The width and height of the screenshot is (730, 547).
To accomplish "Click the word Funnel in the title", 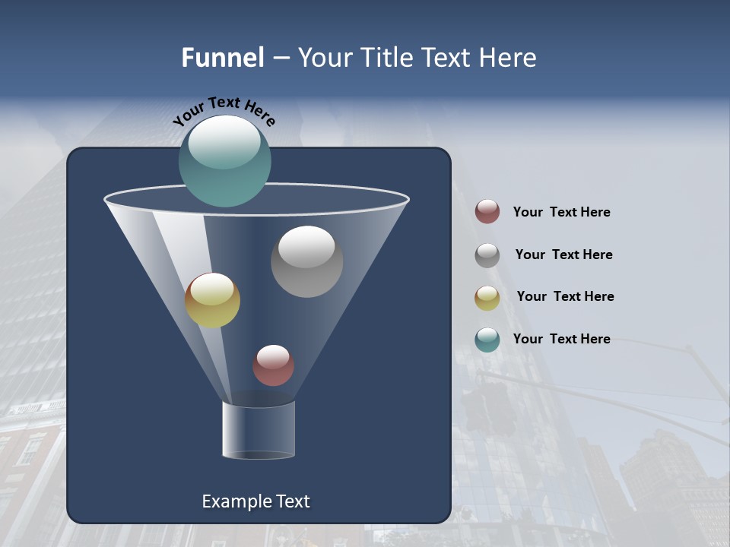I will point(223,58).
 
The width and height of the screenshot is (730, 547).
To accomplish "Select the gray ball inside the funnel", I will point(306,262).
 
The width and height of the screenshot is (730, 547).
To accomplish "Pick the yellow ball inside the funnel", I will point(212,301).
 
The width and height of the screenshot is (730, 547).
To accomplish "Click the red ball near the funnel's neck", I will point(273,365).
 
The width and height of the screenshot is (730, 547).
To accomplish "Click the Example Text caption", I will point(256,501).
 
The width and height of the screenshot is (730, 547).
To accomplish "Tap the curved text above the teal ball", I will point(224,111).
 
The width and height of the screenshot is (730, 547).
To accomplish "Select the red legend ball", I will point(487,212).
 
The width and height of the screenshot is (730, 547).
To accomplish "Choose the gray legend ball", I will point(487,255).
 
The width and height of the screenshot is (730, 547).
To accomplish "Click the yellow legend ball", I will point(487,298).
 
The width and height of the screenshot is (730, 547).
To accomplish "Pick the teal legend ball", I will point(487,340).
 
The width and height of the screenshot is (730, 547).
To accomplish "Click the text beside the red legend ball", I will point(561,213).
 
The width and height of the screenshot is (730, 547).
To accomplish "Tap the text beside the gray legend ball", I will point(563,255).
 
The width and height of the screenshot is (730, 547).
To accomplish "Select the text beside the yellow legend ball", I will point(565,297).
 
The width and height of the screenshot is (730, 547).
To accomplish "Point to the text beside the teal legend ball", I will point(561,340).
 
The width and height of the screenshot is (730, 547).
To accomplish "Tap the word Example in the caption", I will point(234,501).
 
